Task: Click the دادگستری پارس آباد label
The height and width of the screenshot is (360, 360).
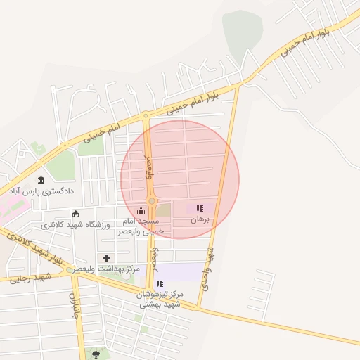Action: (41, 191)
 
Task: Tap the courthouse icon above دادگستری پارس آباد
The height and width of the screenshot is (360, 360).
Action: (41, 180)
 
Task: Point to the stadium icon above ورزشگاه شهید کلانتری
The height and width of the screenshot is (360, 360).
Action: (76, 214)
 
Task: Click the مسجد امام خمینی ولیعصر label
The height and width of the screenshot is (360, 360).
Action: (142, 225)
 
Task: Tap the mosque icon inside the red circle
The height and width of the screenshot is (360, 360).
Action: (141, 210)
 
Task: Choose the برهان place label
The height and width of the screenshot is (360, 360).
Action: (200, 220)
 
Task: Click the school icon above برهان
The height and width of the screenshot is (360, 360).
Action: (200, 208)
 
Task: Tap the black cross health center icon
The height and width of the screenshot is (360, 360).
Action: (107, 258)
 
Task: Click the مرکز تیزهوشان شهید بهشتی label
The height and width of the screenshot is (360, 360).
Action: (161, 298)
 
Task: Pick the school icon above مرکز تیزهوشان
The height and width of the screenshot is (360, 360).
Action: (160, 283)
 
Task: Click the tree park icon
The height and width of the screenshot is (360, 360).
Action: (96, 353)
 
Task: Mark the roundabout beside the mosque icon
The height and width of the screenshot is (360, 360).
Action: (152, 202)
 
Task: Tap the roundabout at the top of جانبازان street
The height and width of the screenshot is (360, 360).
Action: (70, 270)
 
